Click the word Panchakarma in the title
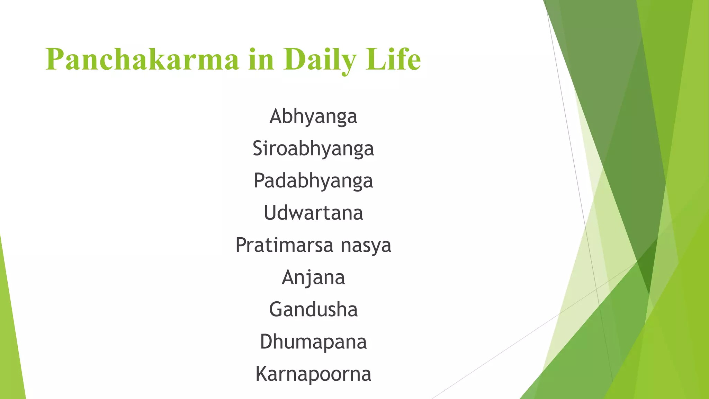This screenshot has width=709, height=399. coord(142,60)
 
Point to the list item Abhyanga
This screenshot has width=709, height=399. coord(313,116)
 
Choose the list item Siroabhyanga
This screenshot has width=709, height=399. coord(313,149)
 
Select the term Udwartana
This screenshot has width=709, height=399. coord(313,213)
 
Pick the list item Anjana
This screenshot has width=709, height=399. coord(313,278)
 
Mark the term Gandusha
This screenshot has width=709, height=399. coord(313,309)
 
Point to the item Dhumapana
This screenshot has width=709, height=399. coord(313,342)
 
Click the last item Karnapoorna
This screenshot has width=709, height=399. coord(313,374)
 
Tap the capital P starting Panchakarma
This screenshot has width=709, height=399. coord(55,60)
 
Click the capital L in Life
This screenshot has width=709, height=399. coord(375,60)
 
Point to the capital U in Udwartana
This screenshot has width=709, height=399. coord(271,213)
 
